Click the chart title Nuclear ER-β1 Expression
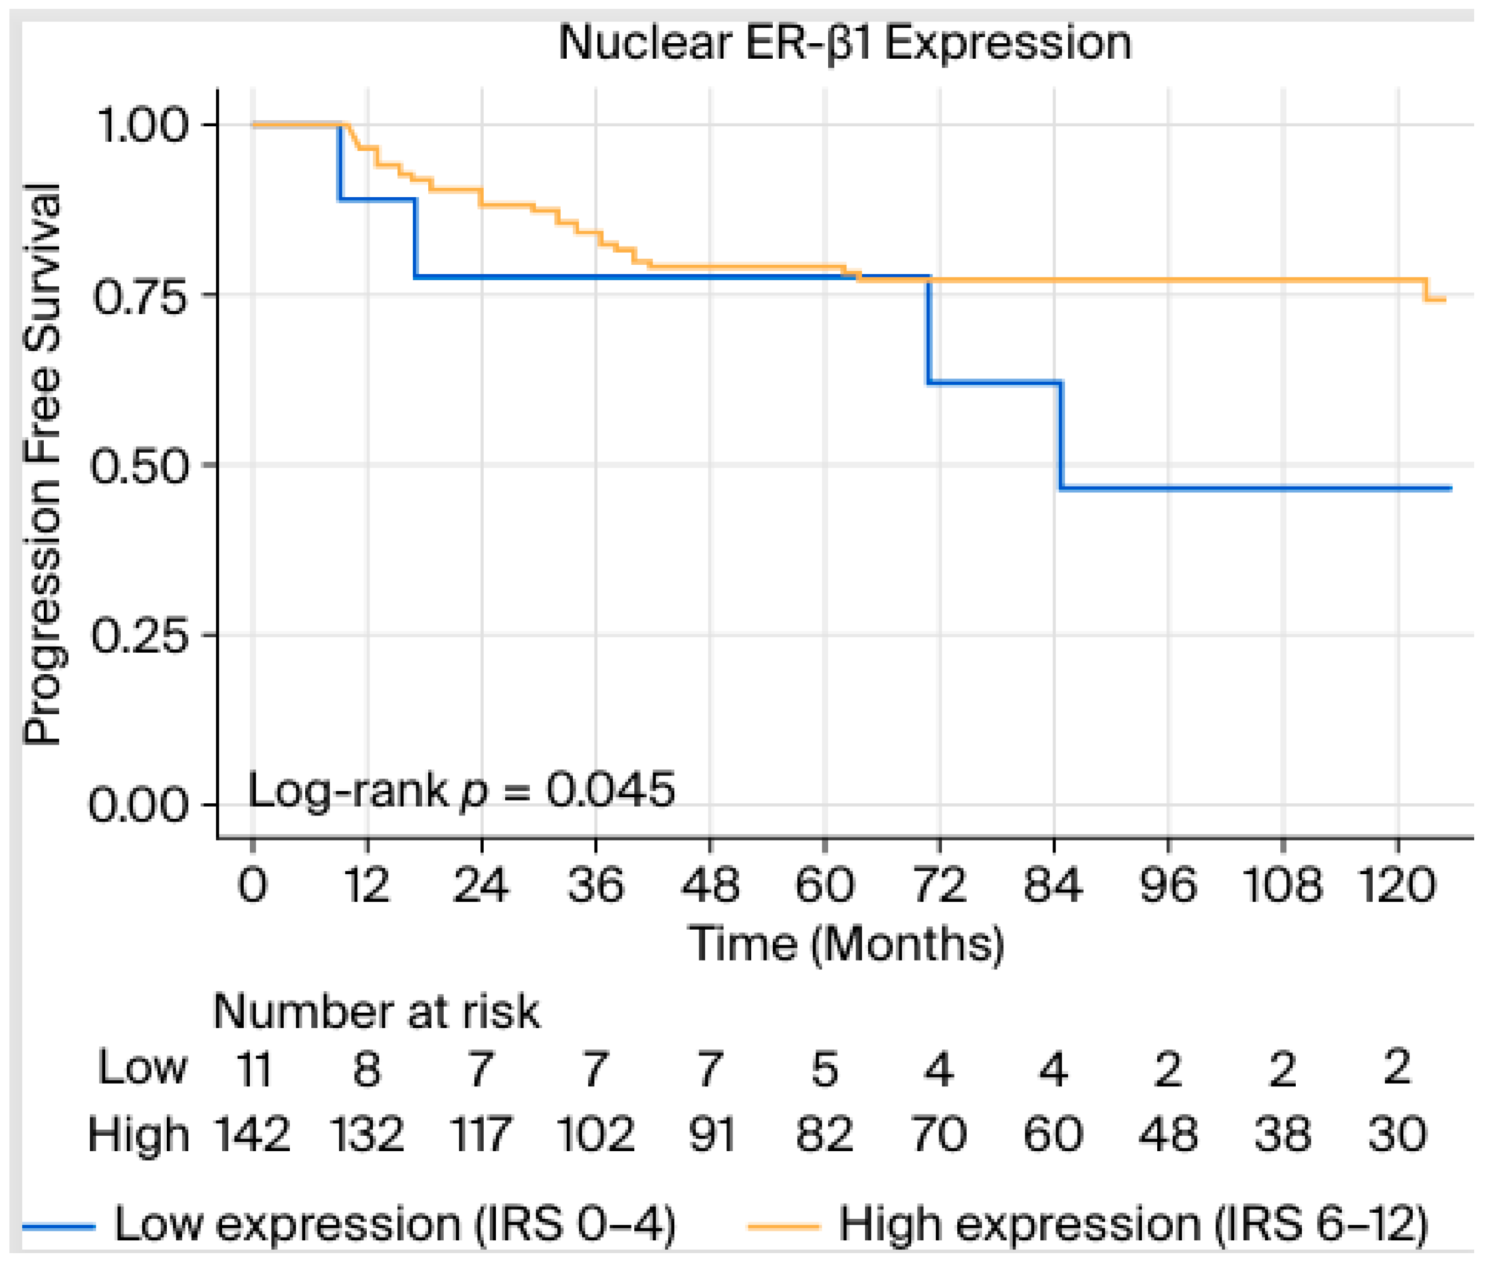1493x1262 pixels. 845,43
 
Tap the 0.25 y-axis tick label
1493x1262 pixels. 140,634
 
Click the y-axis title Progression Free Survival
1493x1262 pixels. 42,464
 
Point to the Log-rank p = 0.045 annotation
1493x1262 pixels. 461,790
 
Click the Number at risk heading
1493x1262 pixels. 376,1012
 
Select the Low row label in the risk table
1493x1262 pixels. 142,1068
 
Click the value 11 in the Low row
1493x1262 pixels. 253,1069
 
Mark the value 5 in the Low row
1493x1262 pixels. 824,1069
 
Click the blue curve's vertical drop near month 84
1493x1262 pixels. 1061,435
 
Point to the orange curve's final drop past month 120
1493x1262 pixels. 1427,290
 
